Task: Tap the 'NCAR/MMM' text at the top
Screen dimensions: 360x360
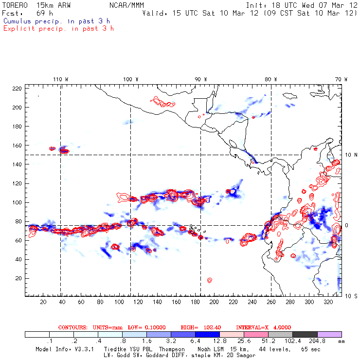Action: pos(126,5)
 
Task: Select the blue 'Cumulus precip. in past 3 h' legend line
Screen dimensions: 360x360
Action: pos(56,21)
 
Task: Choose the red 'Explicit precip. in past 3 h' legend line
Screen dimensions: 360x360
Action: pos(58,28)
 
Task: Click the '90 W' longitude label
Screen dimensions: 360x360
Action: pos(200,79)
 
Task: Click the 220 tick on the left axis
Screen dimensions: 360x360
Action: pos(18,88)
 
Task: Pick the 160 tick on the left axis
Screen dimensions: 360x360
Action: pos(18,145)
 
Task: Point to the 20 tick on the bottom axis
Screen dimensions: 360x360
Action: pos(43,302)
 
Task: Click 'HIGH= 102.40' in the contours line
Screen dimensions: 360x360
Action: pos(198,327)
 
